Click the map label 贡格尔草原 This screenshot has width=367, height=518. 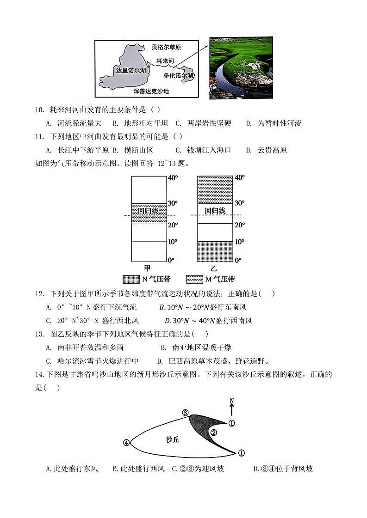(166, 47)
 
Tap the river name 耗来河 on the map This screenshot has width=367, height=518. (165, 61)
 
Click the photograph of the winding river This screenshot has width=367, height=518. (241, 68)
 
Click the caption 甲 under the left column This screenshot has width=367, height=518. (147, 268)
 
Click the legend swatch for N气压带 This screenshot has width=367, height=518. (131, 279)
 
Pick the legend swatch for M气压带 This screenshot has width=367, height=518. (194, 279)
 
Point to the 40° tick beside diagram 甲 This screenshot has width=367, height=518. (173, 178)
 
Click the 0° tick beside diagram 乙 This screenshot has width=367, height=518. (239, 260)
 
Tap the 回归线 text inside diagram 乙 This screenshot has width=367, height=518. (215, 210)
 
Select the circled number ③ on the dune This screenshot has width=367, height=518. (185, 413)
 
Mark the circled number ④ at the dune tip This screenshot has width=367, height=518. (126, 443)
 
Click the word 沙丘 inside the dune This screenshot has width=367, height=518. (172, 439)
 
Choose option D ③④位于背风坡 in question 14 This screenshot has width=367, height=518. (283, 469)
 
